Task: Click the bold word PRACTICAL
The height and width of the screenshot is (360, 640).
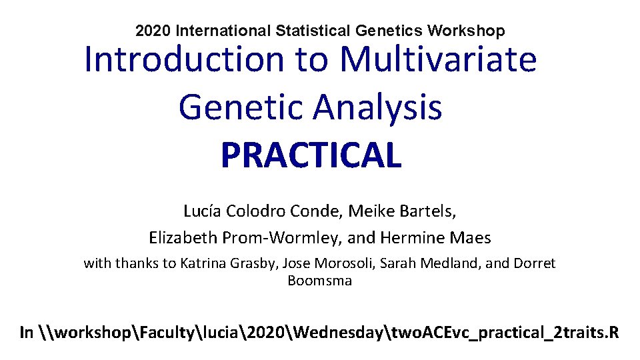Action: coord(311,155)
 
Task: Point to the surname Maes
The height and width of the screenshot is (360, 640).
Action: coord(471,237)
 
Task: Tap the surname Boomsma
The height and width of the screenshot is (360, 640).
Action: coord(319,281)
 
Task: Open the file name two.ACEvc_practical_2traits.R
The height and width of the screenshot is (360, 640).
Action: coord(499,332)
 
